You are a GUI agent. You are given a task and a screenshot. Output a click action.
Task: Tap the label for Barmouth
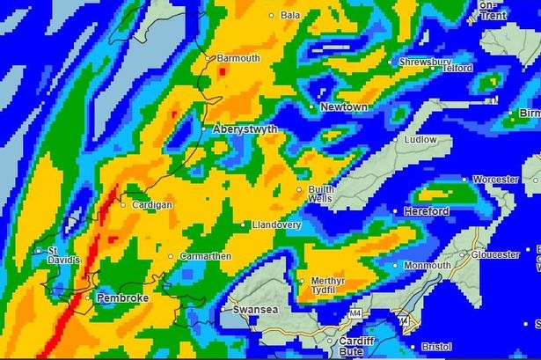click(238, 58)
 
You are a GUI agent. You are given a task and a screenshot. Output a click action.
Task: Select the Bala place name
click(289, 15)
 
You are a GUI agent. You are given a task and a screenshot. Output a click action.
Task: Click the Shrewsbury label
click(425, 62)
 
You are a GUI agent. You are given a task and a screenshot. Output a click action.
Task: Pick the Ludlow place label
click(420, 139)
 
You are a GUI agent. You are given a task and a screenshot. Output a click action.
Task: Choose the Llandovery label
click(276, 225)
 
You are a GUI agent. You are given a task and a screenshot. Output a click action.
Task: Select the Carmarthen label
click(205, 256)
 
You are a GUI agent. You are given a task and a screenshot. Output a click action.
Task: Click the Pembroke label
click(122, 298)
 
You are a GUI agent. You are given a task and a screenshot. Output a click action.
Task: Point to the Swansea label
click(254, 310)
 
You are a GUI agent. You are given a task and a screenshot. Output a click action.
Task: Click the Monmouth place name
click(428, 265)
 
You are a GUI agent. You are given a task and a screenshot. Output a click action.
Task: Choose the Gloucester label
click(495, 254)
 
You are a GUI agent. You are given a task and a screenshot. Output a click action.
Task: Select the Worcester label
click(495, 180)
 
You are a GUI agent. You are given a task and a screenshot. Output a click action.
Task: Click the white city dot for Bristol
click(413, 347)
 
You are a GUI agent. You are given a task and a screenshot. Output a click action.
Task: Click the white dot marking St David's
click(38, 251)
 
